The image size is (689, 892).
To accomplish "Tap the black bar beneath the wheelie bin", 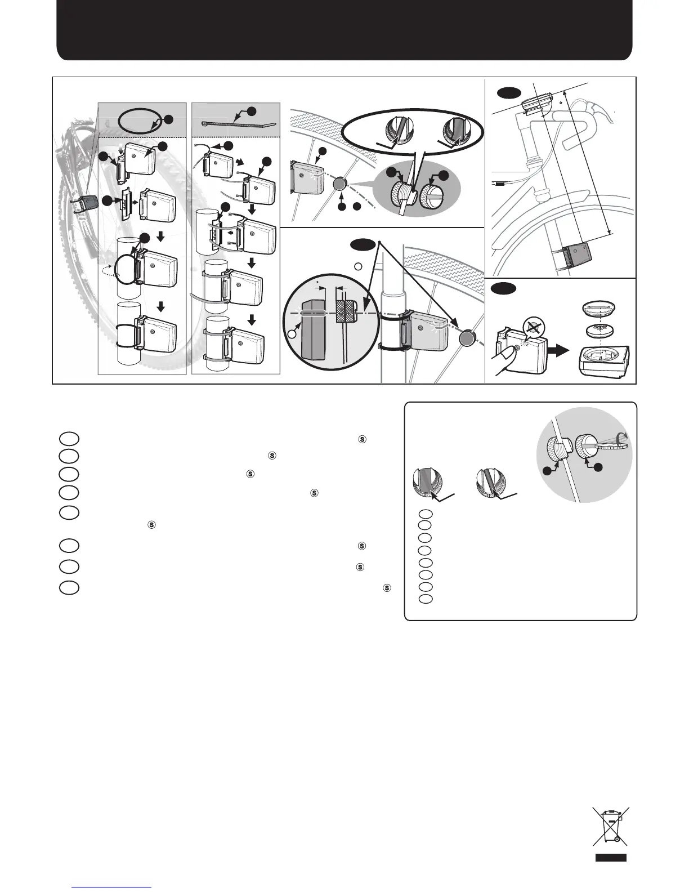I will coord(611,858).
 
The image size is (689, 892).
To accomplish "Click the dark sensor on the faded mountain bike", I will coord(85,203).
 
